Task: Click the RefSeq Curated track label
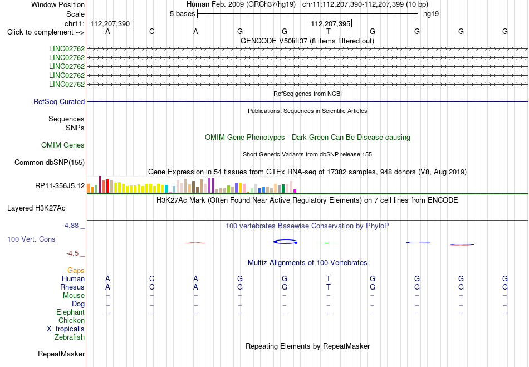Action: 59,101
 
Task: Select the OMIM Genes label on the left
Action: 63,145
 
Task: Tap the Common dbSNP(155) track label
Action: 50,162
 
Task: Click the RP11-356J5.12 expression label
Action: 60,185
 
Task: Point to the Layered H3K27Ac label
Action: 36,208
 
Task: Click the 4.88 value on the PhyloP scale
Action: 71,226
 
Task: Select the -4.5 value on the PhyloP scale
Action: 72,253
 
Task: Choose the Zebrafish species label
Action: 70,337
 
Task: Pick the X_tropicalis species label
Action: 66,329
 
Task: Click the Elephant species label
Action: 71,312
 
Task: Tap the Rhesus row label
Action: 72,287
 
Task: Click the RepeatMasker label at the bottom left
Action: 61,354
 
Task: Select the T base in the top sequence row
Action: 329,31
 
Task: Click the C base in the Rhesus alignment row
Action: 152,287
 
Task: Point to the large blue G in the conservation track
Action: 286,242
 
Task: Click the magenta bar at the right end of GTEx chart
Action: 295,191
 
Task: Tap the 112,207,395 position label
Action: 331,23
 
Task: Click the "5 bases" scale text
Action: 182,14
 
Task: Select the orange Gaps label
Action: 76,270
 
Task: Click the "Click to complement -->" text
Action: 46,32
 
